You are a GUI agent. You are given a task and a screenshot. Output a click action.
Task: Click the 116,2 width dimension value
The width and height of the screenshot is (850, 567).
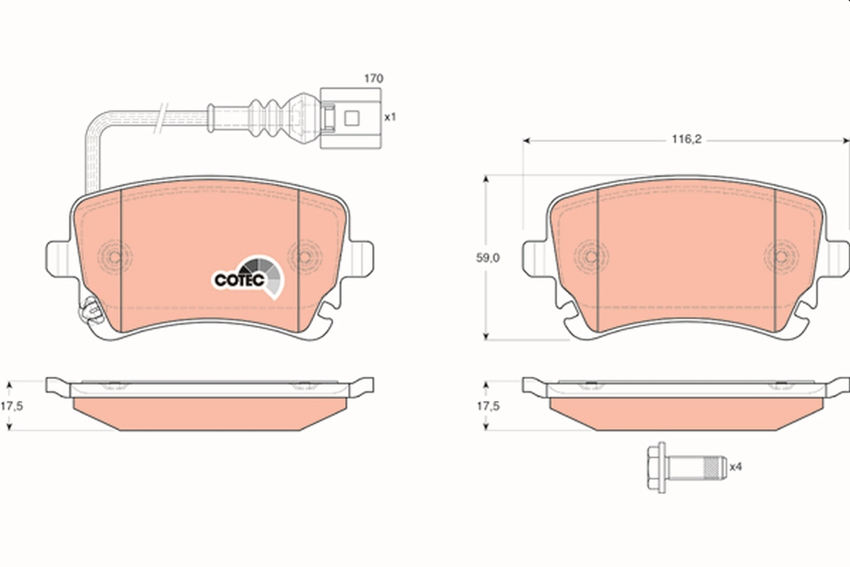click(x=687, y=140)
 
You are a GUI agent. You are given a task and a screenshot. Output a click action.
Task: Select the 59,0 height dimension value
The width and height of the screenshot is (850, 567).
click(x=487, y=258)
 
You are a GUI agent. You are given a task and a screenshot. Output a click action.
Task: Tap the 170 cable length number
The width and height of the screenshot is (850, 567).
click(x=374, y=78)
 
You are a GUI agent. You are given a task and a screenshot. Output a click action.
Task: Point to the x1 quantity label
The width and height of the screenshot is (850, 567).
click(x=390, y=117)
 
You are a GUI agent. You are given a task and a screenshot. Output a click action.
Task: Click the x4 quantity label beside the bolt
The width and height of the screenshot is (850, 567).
click(x=735, y=467)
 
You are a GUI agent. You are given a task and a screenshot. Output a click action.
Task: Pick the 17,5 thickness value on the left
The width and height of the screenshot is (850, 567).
click(x=11, y=406)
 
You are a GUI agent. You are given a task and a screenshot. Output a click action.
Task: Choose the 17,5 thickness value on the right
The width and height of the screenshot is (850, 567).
click(x=488, y=406)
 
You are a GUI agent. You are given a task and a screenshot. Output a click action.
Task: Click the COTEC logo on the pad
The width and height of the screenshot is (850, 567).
click(x=247, y=277)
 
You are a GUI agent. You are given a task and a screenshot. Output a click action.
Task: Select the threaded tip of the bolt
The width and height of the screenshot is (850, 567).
click(x=715, y=468)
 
